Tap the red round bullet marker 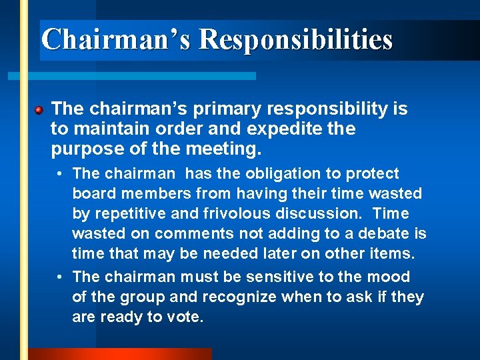pyautogui.click(x=40, y=109)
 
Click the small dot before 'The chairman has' pyautogui.click(x=60, y=175)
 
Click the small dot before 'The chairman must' pyautogui.click(x=60, y=277)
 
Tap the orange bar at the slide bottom pyautogui.click(x=120, y=354)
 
